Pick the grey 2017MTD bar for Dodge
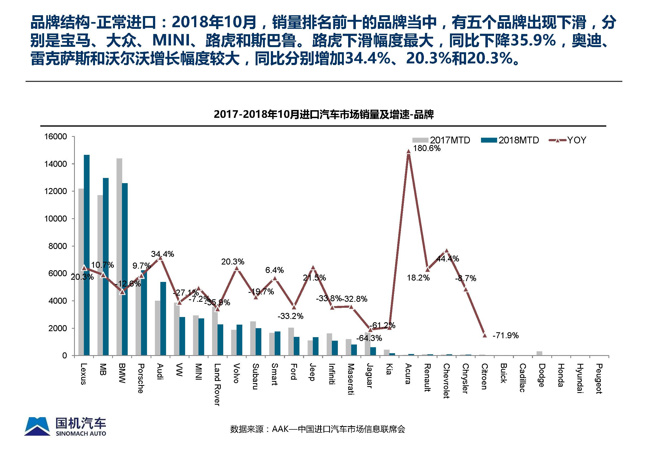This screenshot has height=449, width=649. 539,353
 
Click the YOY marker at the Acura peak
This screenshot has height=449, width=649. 409,151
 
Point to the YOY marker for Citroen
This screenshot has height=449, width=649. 485,335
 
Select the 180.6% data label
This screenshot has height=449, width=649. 427,148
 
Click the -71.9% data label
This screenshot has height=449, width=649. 506,335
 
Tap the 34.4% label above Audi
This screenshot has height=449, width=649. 163,254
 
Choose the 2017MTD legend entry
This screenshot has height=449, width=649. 441,140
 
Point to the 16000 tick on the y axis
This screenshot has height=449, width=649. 56,137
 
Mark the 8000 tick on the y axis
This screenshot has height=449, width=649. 57,246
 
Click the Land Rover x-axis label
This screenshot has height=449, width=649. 217,384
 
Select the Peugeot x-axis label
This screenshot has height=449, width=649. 599,379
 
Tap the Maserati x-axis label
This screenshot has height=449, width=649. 351,379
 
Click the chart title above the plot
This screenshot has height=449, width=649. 324,115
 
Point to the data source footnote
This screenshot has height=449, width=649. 317,429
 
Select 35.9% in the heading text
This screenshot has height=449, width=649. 533,40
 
